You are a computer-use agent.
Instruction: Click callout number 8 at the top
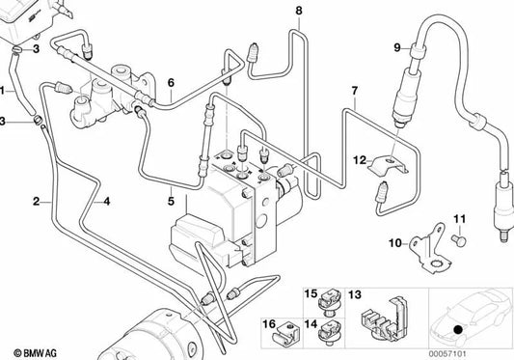298,11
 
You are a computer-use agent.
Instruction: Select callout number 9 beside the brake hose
396,47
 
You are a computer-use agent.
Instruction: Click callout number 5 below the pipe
171,201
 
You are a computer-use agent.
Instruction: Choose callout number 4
106,201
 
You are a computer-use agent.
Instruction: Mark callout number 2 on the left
36,201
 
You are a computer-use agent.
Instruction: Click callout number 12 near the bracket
358,159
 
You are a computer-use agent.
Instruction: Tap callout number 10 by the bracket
394,243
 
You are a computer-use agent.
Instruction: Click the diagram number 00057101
475,353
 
